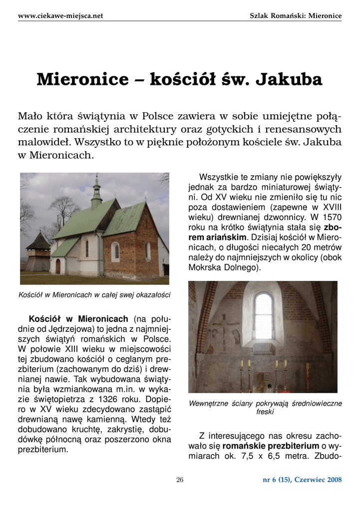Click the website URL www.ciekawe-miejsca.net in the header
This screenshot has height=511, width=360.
pyautogui.click(x=60, y=15)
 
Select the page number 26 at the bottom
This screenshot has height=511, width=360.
pyautogui.click(x=180, y=480)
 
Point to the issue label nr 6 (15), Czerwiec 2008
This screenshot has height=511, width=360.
pyautogui.click(x=302, y=480)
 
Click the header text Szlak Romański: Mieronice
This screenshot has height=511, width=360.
pyautogui.click(x=296, y=15)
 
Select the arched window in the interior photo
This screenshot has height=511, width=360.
pyautogui.click(x=263, y=315)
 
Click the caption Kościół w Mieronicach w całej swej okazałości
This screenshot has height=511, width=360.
pyautogui.click(x=94, y=295)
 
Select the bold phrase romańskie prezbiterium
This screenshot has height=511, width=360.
pyautogui.click(x=271, y=446)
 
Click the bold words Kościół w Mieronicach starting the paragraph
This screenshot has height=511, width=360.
pyautogui.click(x=78, y=319)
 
